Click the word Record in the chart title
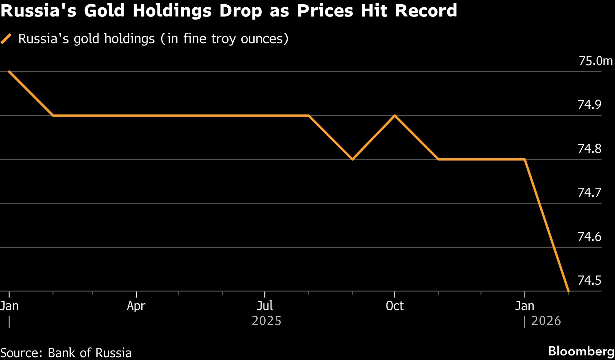point(426,11)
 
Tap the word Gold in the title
point(104,11)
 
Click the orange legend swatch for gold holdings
point(6,39)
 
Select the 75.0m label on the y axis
point(595,61)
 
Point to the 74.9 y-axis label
point(589,105)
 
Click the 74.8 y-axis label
point(589,149)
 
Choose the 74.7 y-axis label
point(589,193)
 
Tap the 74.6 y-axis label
point(589,237)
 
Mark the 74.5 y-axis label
point(589,280)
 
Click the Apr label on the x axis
point(136,306)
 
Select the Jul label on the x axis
point(265,306)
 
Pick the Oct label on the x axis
point(395,306)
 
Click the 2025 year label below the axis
point(266,321)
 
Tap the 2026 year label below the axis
point(546,321)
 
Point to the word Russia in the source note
point(114,353)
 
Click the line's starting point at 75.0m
point(9,72)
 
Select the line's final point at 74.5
point(568,291)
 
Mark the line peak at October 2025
point(395,116)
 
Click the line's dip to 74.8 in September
point(352,159)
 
